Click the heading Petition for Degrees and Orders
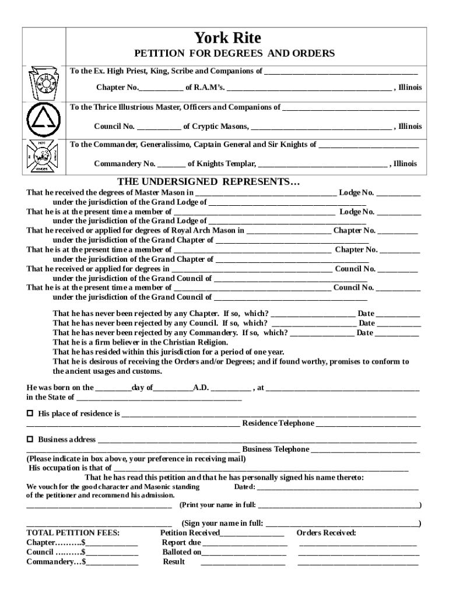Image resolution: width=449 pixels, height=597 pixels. (x=235, y=54)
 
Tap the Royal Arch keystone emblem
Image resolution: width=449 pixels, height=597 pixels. (x=44, y=83)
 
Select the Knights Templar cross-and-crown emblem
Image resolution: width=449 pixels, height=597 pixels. (x=44, y=156)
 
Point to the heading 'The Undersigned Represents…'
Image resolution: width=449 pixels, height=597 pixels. (x=209, y=181)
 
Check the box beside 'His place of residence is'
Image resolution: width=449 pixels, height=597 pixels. (x=30, y=413)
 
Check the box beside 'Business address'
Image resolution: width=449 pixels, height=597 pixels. (x=30, y=439)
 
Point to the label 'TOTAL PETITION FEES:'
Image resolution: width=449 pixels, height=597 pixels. (x=73, y=533)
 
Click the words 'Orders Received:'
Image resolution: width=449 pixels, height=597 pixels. (x=327, y=533)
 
